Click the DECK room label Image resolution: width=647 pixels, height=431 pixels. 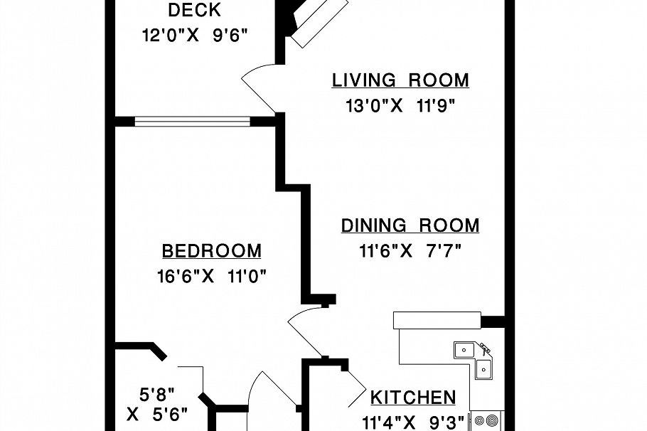[x=194, y=11]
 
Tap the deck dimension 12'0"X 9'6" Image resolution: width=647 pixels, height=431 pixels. [x=195, y=36]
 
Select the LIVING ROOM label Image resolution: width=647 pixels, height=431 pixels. [x=401, y=80]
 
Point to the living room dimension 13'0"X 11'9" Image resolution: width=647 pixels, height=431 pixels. [x=400, y=106]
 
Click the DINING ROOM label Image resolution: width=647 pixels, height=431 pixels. [x=410, y=225]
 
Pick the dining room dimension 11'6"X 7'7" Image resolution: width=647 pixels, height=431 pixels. [x=410, y=250]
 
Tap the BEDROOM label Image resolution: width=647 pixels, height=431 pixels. [x=212, y=251]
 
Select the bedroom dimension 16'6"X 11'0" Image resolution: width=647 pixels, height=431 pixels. [x=212, y=276]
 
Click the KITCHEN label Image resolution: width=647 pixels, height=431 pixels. [x=413, y=398]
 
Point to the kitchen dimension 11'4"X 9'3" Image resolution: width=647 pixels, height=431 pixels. [x=413, y=422]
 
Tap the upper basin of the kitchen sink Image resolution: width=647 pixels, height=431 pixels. [x=464, y=351]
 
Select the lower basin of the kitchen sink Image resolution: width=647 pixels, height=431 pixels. [x=483, y=369]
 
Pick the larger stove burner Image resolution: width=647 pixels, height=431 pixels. [x=492, y=421]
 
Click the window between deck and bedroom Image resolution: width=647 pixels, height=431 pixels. [x=192, y=122]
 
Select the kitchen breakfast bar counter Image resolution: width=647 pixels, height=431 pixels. [x=437, y=320]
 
